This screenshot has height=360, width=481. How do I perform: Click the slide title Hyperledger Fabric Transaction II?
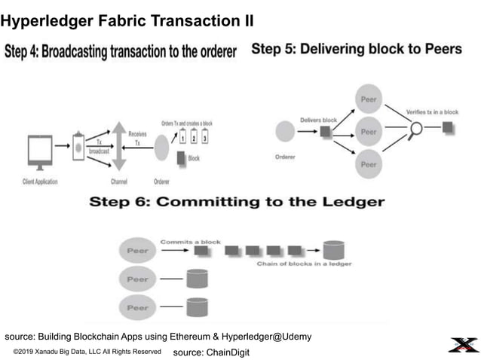tap(127, 21)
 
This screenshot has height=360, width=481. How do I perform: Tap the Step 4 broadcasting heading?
tap(121, 52)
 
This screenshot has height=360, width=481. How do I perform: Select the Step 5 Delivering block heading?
tap(356, 49)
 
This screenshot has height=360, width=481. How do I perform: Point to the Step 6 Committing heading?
tap(237, 202)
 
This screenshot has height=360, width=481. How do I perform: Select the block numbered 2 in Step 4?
tap(194, 139)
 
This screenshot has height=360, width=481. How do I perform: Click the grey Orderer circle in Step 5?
tap(284, 132)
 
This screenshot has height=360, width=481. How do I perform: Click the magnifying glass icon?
tap(415, 130)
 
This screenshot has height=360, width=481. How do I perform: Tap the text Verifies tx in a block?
tap(432, 112)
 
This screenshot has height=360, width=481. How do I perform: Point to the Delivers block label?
tap(318, 118)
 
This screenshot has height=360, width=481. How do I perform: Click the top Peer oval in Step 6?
tap(137, 250)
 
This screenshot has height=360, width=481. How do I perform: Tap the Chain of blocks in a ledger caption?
tap(304, 264)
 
